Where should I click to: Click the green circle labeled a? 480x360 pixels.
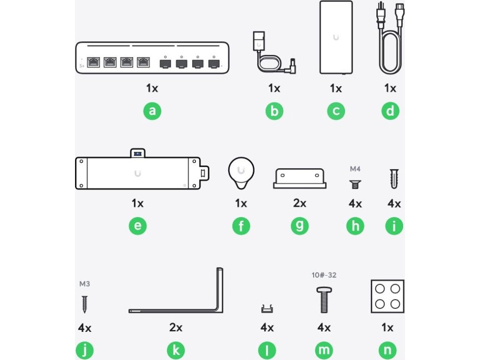[152, 111]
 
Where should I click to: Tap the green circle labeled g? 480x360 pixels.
[300, 226]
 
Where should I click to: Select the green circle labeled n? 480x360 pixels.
[387, 350]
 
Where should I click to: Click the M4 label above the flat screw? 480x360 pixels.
[355, 169]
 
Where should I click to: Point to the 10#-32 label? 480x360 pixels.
[324, 275]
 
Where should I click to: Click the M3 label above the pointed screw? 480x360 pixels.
[84, 284]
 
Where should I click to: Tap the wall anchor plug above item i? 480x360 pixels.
[394, 179]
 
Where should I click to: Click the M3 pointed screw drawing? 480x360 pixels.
[84, 304]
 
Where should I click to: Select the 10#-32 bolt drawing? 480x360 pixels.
[324, 300]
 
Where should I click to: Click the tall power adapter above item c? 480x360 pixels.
[336, 37]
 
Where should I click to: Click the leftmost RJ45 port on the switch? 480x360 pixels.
[93, 62]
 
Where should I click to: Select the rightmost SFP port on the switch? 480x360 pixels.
[214, 64]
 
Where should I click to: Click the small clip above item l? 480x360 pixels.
[267, 309]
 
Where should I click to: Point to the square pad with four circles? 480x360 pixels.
[388, 296]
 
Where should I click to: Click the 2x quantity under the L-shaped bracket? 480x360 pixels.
[176, 327]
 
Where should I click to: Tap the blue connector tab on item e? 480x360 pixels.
[138, 154]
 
